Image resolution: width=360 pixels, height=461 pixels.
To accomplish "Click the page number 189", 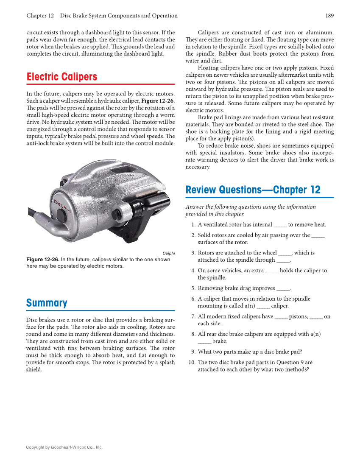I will (329, 16).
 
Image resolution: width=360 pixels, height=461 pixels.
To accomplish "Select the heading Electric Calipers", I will (62, 77).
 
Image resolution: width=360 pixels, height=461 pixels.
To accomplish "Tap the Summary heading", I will (47, 303).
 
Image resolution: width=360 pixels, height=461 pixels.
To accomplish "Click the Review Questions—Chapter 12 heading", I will (253, 190).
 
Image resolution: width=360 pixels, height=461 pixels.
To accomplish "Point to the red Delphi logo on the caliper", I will (62, 210).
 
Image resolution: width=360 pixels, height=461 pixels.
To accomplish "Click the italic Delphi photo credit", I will (168, 253).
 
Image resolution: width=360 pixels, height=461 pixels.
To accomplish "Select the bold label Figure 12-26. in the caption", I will (43, 260).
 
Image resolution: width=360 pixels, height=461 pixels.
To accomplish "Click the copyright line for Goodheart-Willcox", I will (64, 447).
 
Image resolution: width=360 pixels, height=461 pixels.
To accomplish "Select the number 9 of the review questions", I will (193, 352).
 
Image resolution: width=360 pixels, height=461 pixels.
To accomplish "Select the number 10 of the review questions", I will (192, 362).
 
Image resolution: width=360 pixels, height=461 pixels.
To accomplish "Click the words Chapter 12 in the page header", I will (40, 16).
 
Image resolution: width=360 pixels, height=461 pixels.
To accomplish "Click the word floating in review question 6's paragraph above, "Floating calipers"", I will (209, 68).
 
